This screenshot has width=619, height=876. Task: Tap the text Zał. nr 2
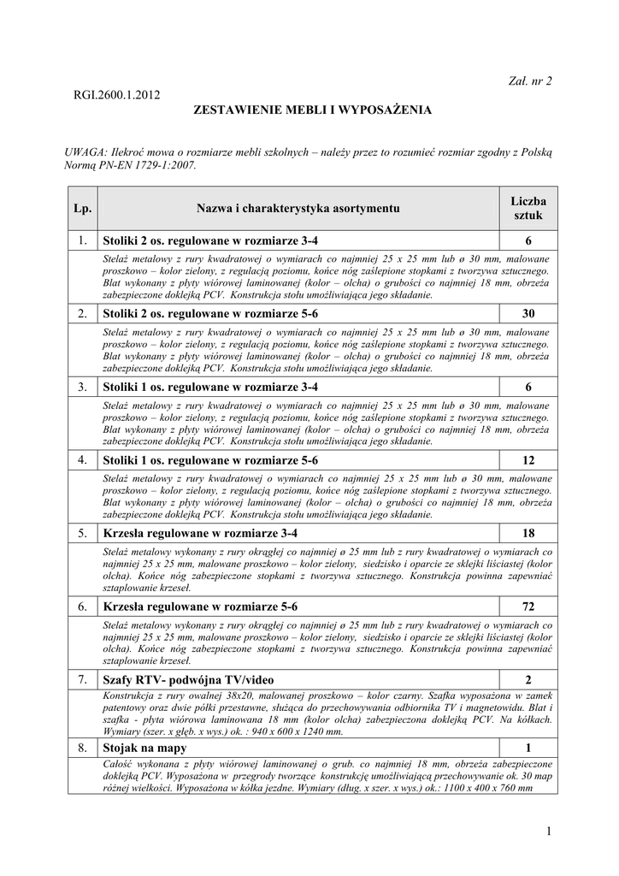[x=531, y=81]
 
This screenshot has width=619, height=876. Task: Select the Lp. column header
[x=83, y=208]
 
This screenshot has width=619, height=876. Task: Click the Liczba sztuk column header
[x=528, y=208]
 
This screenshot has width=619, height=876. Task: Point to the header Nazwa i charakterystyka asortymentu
[x=298, y=208]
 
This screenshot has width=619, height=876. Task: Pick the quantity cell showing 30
[x=528, y=314]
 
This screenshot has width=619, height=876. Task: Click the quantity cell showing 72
[x=528, y=607]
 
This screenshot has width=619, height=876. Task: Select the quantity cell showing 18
[x=528, y=534]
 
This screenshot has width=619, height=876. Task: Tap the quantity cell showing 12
[x=528, y=460]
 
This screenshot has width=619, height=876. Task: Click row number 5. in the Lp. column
[x=83, y=534]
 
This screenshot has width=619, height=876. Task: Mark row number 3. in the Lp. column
[x=83, y=387]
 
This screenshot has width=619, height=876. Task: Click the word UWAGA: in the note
[x=85, y=151]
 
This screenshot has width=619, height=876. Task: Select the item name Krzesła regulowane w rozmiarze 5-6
[x=200, y=607]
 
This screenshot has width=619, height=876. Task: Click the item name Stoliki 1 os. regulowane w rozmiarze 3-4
[x=210, y=387]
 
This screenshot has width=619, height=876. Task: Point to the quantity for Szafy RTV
[x=528, y=680]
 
